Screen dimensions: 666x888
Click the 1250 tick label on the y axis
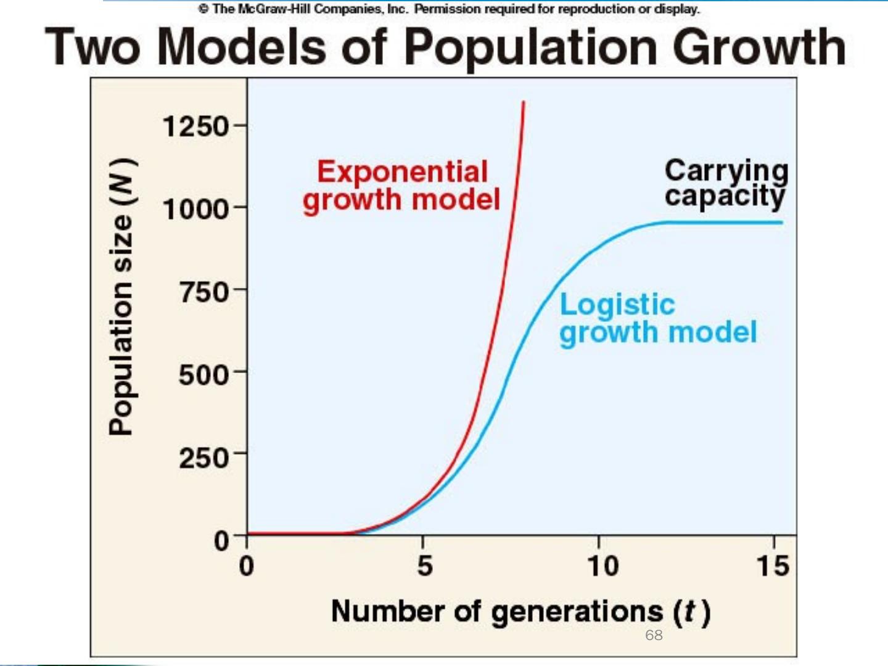click(x=195, y=127)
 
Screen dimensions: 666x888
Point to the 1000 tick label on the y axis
click(x=195, y=209)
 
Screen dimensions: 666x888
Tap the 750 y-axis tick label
click(x=204, y=291)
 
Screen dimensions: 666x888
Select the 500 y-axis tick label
click(x=204, y=374)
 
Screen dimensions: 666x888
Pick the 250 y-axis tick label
click(x=204, y=458)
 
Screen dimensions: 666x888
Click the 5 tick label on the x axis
click(x=424, y=565)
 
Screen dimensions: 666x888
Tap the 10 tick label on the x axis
click(x=602, y=565)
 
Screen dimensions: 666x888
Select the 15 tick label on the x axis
click(x=773, y=565)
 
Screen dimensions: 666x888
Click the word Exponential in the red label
click(x=402, y=171)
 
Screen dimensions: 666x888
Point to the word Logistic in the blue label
click(x=617, y=305)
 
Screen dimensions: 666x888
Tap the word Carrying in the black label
click(x=726, y=171)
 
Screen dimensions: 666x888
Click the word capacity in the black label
click(x=725, y=197)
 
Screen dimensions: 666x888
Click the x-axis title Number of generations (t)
click(x=521, y=611)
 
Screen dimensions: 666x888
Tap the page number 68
click(x=654, y=635)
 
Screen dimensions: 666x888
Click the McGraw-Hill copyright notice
click(x=449, y=9)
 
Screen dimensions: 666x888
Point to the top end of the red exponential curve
click(x=524, y=102)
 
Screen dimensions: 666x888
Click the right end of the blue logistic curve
click(x=781, y=223)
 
